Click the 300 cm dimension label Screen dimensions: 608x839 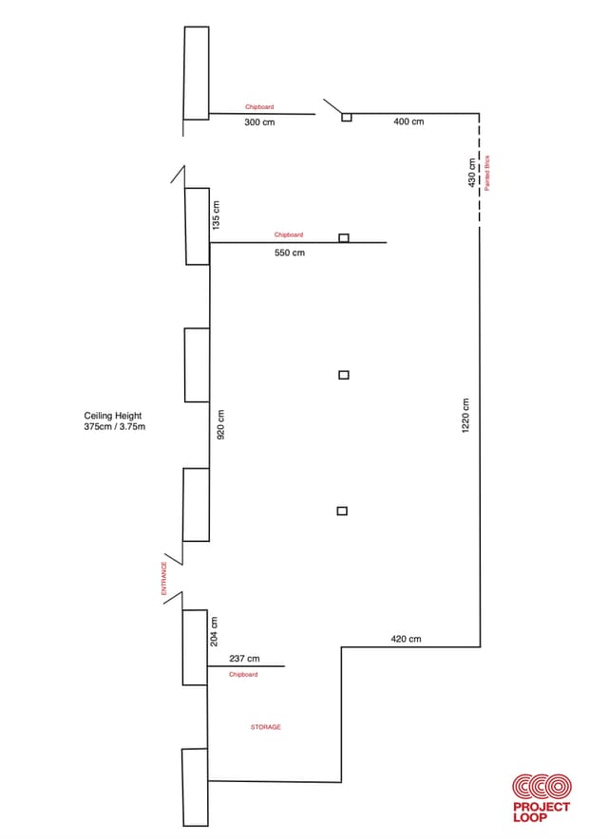(259, 122)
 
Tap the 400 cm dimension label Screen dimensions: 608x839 (408, 121)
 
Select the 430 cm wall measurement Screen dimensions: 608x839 (471, 173)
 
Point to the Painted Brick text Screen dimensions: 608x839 (487, 173)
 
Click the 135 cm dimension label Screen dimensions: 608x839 (216, 215)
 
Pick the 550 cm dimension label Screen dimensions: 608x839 (290, 252)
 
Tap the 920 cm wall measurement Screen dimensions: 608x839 (220, 424)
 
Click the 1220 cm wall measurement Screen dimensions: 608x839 (465, 416)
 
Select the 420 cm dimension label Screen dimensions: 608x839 (406, 639)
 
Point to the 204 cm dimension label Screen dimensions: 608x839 (214, 631)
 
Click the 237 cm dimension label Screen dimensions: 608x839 (244, 659)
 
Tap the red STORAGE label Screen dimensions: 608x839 (266, 727)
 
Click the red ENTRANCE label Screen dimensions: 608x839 (164, 578)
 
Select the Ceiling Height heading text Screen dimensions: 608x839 (113, 415)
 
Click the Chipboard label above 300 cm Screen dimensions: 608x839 (259, 107)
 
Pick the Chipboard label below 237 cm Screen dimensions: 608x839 (243, 674)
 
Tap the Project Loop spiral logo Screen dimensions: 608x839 (541, 788)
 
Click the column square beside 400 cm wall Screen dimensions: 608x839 (347, 117)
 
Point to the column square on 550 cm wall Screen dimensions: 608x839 (344, 238)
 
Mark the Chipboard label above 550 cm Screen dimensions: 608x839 (289, 234)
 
